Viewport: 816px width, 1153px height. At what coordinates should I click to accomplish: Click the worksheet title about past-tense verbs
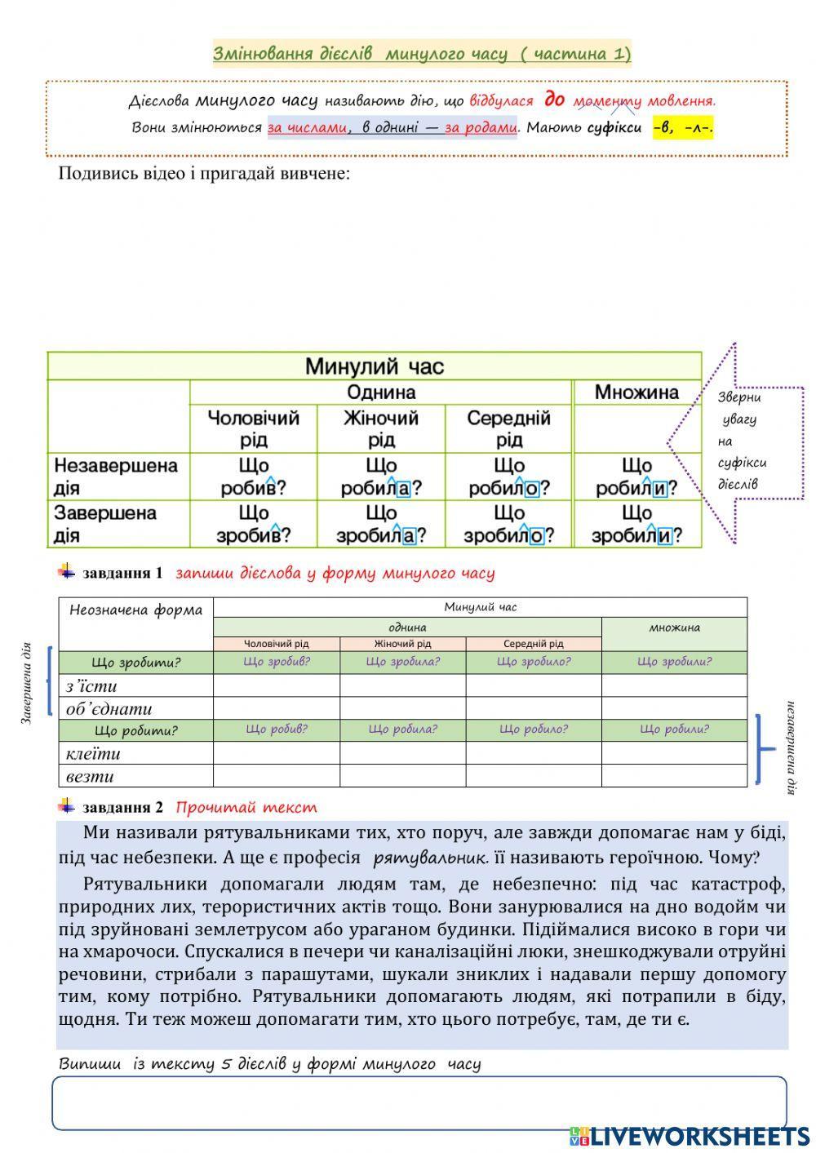pyautogui.click(x=421, y=54)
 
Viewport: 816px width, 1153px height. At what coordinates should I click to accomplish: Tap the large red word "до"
pyautogui.click(x=554, y=100)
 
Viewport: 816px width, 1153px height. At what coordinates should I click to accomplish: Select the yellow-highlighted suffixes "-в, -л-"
pyautogui.click(x=683, y=128)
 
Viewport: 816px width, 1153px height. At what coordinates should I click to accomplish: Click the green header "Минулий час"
pyautogui.click(x=375, y=366)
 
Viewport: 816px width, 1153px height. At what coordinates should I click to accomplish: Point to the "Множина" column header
pyautogui.click(x=636, y=392)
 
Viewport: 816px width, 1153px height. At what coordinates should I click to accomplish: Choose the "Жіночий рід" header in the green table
pyautogui.click(x=380, y=428)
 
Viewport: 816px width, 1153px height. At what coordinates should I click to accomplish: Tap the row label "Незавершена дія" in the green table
pyautogui.click(x=116, y=477)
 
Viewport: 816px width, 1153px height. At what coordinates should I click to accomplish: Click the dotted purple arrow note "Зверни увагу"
pyautogui.click(x=741, y=441)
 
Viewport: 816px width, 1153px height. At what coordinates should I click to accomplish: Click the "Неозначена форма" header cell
pyautogui.click(x=135, y=610)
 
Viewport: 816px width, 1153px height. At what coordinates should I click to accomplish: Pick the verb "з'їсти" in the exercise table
pyautogui.click(x=91, y=685)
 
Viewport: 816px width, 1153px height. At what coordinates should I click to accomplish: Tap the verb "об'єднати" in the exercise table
pyautogui.click(x=109, y=708)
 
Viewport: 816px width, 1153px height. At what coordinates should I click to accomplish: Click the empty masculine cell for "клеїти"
pyautogui.click(x=277, y=753)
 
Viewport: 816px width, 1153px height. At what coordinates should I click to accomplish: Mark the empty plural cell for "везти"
pyautogui.click(x=674, y=776)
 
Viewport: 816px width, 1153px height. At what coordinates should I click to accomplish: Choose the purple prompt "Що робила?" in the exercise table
pyautogui.click(x=402, y=729)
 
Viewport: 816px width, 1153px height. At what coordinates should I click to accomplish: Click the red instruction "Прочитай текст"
pyautogui.click(x=246, y=808)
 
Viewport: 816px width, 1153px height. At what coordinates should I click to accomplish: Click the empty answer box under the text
pyautogui.click(x=419, y=1102)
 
